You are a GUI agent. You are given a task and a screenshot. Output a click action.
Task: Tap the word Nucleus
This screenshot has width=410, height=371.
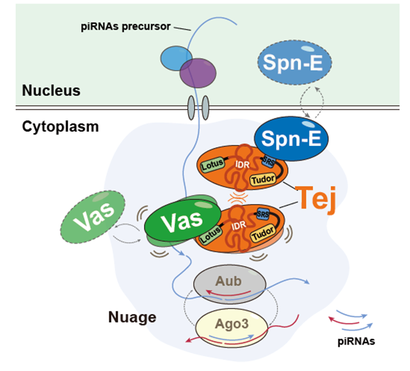pyautogui.click(x=51, y=90)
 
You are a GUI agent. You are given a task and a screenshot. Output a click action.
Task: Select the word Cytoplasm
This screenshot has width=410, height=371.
pyautogui.click(x=60, y=126)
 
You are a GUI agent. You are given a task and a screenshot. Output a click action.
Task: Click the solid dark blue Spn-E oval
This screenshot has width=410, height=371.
pyautogui.click(x=292, y=137)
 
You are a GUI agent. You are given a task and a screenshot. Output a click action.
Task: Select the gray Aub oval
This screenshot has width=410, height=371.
pyautogui.click(x=230, y=281)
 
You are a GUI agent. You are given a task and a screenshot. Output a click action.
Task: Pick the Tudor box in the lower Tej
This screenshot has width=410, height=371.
pyautogui.click(x=264, y=236)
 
